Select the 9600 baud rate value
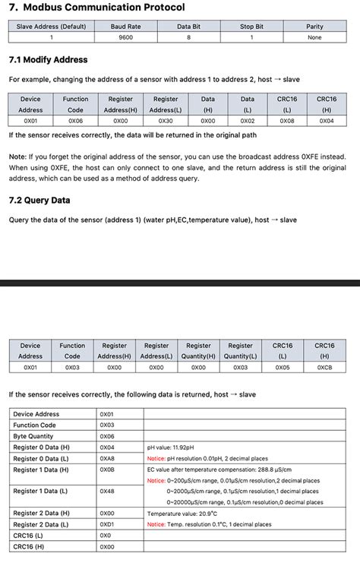point(125,36)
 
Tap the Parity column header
point(314,26)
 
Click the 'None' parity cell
point(314,36)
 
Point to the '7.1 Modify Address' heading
point(48,59)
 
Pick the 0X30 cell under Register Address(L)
point(165,120)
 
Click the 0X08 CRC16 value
point(286,120)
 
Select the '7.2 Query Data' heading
point(39,201)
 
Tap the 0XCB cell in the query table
point(324,367)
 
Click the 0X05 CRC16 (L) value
point(283,367)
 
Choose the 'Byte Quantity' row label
point(33,436)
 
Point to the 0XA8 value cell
point(107,458)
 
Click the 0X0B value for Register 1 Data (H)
point(107,470)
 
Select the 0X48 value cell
point(107,491)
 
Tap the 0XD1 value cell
point(107,524)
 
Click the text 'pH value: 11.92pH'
point(171,448)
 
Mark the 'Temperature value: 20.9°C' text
point(183,514)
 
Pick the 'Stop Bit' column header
point(251,26)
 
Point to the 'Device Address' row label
point(36,414)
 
